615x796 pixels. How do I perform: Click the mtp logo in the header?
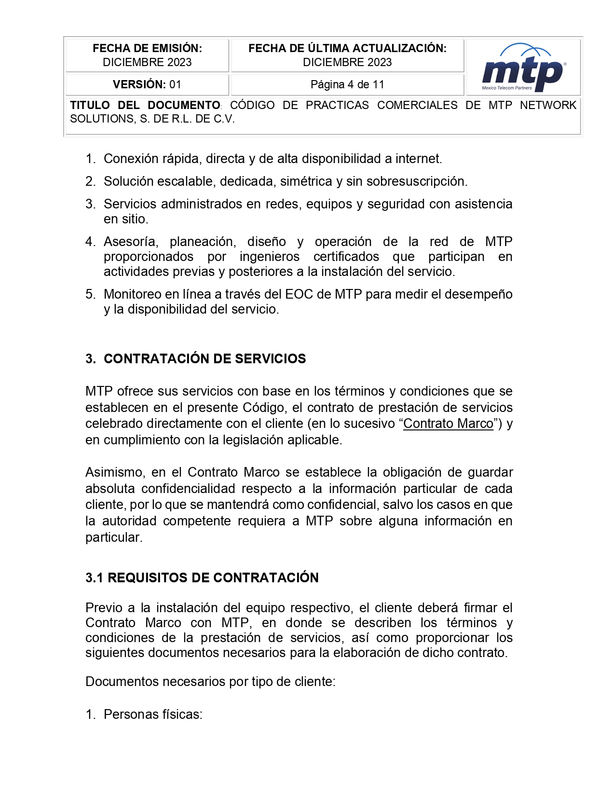(523, 69)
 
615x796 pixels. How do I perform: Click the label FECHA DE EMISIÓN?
(147, 48)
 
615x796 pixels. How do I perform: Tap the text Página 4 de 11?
(347, 84)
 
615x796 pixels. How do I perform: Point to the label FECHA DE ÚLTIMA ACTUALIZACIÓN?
(347, 48)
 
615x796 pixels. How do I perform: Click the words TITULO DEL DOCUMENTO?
(145, 105)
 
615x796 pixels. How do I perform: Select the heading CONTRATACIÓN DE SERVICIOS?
(205, 358)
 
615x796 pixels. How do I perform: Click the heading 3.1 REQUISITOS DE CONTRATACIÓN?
(202, 577)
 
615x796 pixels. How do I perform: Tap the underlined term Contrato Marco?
(448, 424)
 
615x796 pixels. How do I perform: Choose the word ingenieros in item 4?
(269, 257)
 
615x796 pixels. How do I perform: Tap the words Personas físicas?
(152, 714)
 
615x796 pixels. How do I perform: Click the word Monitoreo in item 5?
(133, 294)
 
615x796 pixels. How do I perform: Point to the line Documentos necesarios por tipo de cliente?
(210, 682)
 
